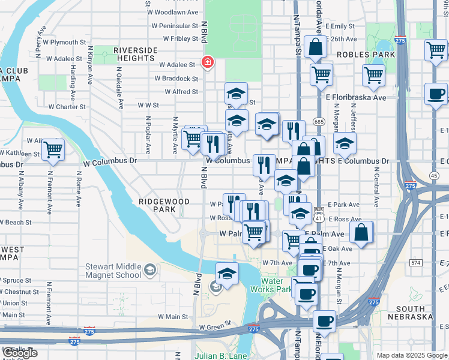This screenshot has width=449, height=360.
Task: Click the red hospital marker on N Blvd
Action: (208, 62)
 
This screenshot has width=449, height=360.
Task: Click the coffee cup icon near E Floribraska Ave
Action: (436, 94)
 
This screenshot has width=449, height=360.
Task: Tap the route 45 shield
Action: (433, 175)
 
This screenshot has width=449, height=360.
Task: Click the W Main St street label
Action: (173, 316)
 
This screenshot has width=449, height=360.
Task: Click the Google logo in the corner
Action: (20, 353)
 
